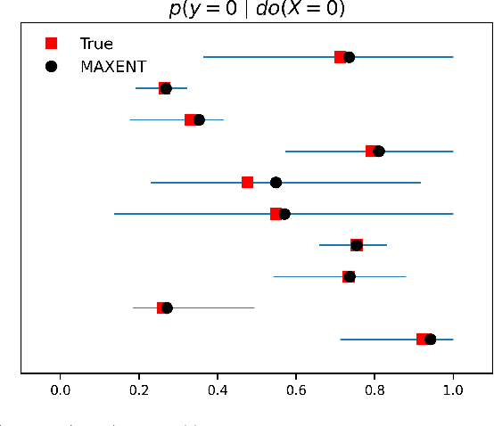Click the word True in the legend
tap(96, 43)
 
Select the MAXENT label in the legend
tap(112, 67)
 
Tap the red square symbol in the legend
tap(52, 43)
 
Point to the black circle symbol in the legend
tap(52, 67)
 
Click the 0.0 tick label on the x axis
tap(61, 389)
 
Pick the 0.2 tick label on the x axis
tap(139, 389)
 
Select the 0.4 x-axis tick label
tap(218, 389)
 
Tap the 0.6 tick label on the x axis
tap(296, 389)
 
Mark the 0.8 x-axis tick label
tap(375, 389)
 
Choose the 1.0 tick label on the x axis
tap(453, 389)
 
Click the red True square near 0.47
tap(247, 183)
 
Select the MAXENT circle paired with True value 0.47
tap(276, 183)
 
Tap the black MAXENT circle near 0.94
tap(430, 340)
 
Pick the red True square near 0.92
tap(422, 340)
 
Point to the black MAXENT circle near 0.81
tap(379, 152)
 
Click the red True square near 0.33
tap(190, 120)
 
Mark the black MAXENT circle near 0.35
tap(199, 120)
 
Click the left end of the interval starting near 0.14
tap(115, 214)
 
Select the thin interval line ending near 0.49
tap(214, 307)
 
